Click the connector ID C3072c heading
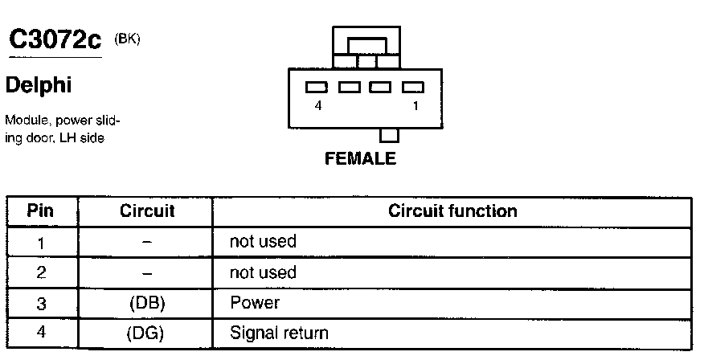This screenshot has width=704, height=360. tap(55, 41)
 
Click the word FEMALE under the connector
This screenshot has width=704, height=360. tap(361, 159)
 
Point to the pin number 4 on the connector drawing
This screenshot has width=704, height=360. tap(319, 105)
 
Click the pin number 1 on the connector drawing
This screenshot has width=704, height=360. tap(415, 105)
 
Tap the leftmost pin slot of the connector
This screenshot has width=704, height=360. tap(317, 87)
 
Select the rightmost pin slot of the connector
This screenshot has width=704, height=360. tap(412, 87)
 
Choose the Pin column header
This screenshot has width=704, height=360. tap(40, 211)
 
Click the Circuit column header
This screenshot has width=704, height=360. tap(147, 211)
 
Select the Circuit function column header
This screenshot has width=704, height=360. tap(452, 211)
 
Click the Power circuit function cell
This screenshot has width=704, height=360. tap(255, 303)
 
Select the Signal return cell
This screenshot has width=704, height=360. tap(279, 333)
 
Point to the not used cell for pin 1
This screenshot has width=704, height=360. tap(263, 241)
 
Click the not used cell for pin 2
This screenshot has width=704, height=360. tap(263, 272)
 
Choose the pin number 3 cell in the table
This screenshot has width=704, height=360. tap(40, 304)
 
